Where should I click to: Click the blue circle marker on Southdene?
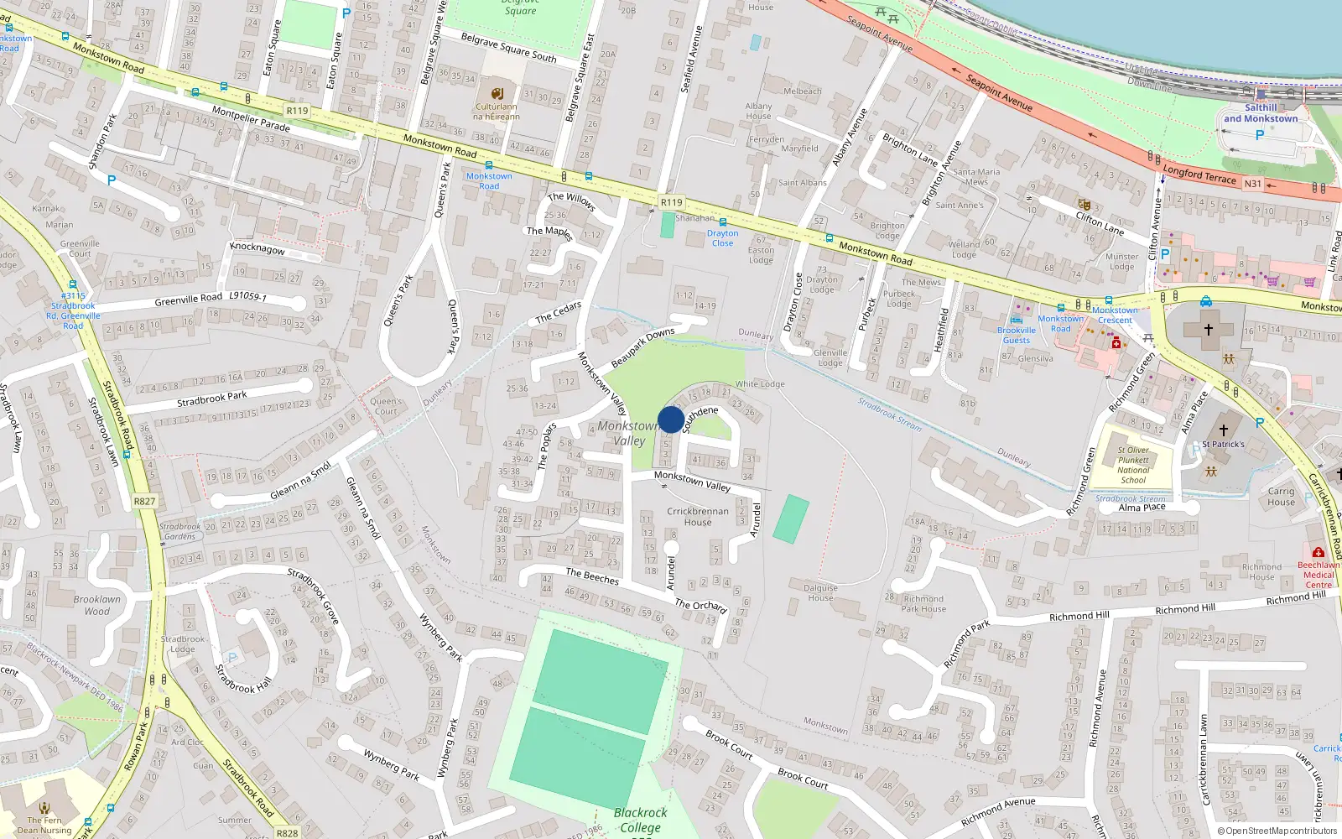click(x=671, y=419)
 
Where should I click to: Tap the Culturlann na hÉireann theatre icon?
click(x=497, y=93)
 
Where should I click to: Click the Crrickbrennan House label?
click(x=697, y=516)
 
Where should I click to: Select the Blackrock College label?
click(x=640, y=820)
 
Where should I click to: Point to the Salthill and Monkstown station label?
click(x=1260, y=113)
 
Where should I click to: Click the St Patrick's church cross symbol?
click(x=1223, y=430)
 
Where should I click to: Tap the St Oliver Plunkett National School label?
click(x=1133, y=465)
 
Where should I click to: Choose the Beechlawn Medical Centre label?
click(x=1318, y=575)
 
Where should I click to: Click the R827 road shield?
click(x=144, y=501)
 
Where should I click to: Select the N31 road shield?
click(x=1252, y=184)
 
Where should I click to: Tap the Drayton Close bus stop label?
click(x=722, y=238)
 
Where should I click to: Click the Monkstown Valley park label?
click(x=628, y=433)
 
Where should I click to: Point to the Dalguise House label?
click(x=820, y=592)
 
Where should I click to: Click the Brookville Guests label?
click(x=1017, y=335)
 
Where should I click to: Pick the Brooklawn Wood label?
click(x=96, y=605)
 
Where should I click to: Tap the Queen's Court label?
click(x=386, y=406)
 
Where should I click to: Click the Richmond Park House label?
click(x=923, y=604)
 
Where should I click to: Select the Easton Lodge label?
click(x=761, y=255)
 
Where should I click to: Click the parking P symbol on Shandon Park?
click(x=112, y=180)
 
